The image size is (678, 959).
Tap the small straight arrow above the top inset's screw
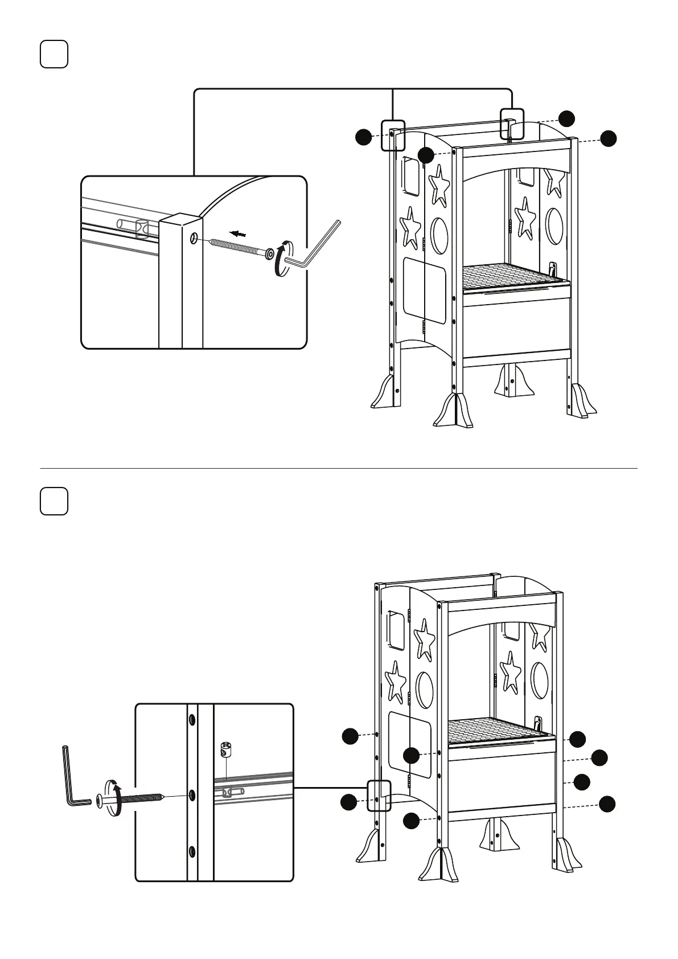click(239, 233)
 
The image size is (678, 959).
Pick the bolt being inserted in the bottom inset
click(137, 800)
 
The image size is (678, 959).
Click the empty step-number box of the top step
click(54, 54)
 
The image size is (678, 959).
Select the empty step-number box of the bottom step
click(54, 501)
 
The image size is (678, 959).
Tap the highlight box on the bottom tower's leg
click(379, 795)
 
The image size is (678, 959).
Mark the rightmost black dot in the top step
click(609, 138)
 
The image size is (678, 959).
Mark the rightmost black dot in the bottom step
click(607, 804)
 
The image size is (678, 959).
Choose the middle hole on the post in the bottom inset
click(192, 794)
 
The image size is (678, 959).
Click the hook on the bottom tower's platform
click(537, 723)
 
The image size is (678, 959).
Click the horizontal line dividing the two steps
click(339, 468)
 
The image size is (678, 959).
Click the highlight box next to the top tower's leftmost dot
click(393, 135)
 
